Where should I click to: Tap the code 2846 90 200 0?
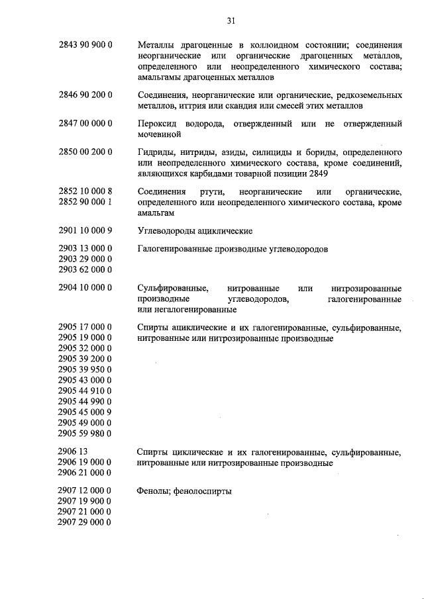tap(85, 95)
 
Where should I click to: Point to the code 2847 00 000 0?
tap(85, 124)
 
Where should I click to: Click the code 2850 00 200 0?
tap(85, 152)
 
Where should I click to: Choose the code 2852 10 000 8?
tap(85, 191)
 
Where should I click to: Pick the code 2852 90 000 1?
tap(85, 202)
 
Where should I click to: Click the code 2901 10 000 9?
tap(85, 230)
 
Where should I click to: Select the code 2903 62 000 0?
tap(85, 270)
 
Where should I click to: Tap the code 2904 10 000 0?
tap(85, 288)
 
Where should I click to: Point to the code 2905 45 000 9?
tap(85, 412)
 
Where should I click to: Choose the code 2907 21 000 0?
tap(85, 512)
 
